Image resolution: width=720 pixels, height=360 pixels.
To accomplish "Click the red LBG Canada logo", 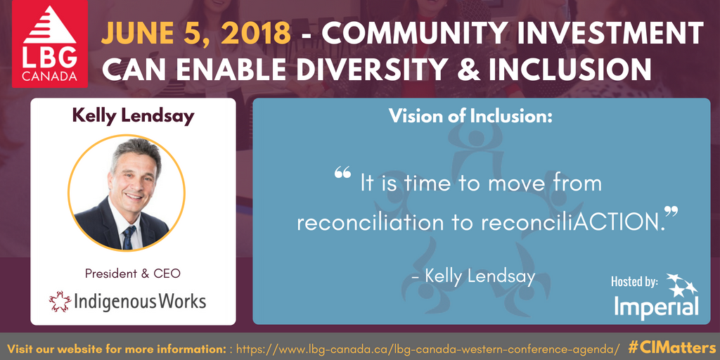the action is coord(50,44).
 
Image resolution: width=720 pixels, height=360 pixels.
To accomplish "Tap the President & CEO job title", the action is coord(133,274).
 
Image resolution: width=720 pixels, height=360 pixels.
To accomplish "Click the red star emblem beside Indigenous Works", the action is coord(60,302).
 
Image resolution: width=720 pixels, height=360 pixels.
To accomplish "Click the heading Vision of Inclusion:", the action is coord(470,116).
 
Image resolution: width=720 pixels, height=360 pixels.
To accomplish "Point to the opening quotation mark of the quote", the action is coord(342,173).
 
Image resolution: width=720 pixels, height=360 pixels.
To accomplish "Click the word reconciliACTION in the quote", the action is coord(574,222).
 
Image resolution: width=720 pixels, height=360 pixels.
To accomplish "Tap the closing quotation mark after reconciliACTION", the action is coord(671,212).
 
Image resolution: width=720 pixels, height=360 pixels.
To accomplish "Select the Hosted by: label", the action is coord(635,281).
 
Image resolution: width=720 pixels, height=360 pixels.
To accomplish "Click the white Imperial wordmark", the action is coord(657,307).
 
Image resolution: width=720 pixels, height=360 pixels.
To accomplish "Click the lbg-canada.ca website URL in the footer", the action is coord(427,347).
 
